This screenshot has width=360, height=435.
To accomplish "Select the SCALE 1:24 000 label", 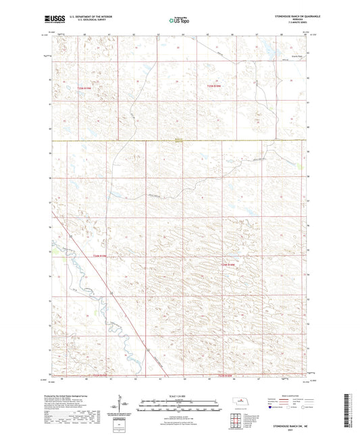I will pos(180,395).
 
